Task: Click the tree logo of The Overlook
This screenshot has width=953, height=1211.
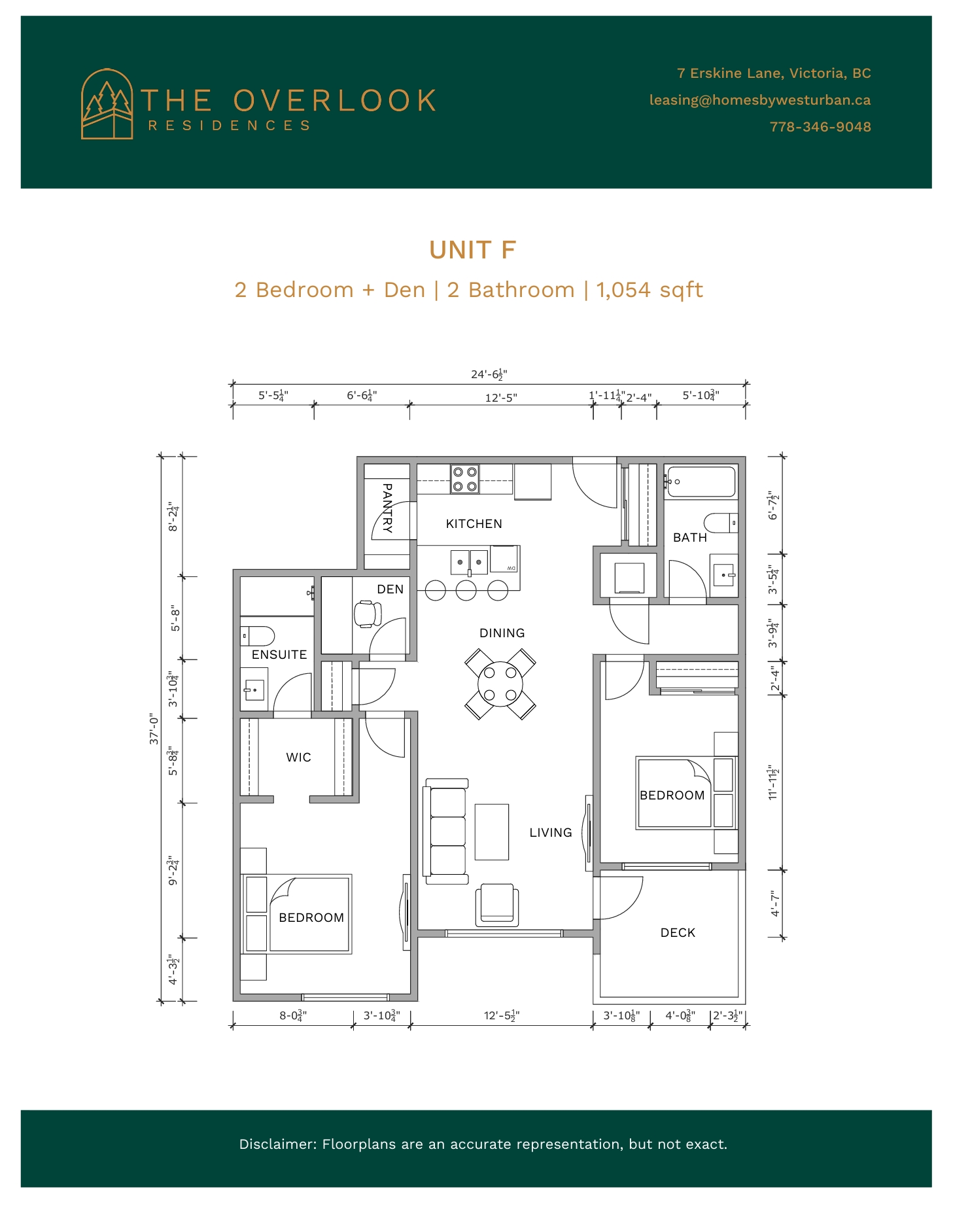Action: (107, 104)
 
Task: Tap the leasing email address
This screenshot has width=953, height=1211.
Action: (759, 100)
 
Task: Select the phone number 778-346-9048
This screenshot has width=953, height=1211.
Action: (820, 127)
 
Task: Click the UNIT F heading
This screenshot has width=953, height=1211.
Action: (472, 250)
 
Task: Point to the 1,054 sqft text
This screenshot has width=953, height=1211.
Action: (649, 290)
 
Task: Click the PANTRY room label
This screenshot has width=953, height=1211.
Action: (387, 508)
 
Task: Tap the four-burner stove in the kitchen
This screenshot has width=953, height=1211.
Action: (464, 479)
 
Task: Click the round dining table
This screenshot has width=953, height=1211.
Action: (500, 684)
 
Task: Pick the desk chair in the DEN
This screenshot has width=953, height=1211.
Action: (368, 614)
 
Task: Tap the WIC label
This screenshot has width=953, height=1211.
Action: (298, 757)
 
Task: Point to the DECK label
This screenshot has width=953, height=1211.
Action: (678, 932)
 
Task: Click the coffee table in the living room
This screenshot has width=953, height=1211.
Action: (492, 832)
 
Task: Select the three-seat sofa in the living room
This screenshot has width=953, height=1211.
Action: (446, 831)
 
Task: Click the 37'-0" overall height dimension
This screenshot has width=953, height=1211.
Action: (154, 728)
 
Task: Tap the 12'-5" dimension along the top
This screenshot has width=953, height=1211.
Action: (501, 398)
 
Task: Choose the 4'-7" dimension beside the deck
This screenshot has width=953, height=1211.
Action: (775, 903)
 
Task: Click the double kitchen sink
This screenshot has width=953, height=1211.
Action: (469, 562)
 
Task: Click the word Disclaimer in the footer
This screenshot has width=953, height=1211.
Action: (278, 1144)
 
